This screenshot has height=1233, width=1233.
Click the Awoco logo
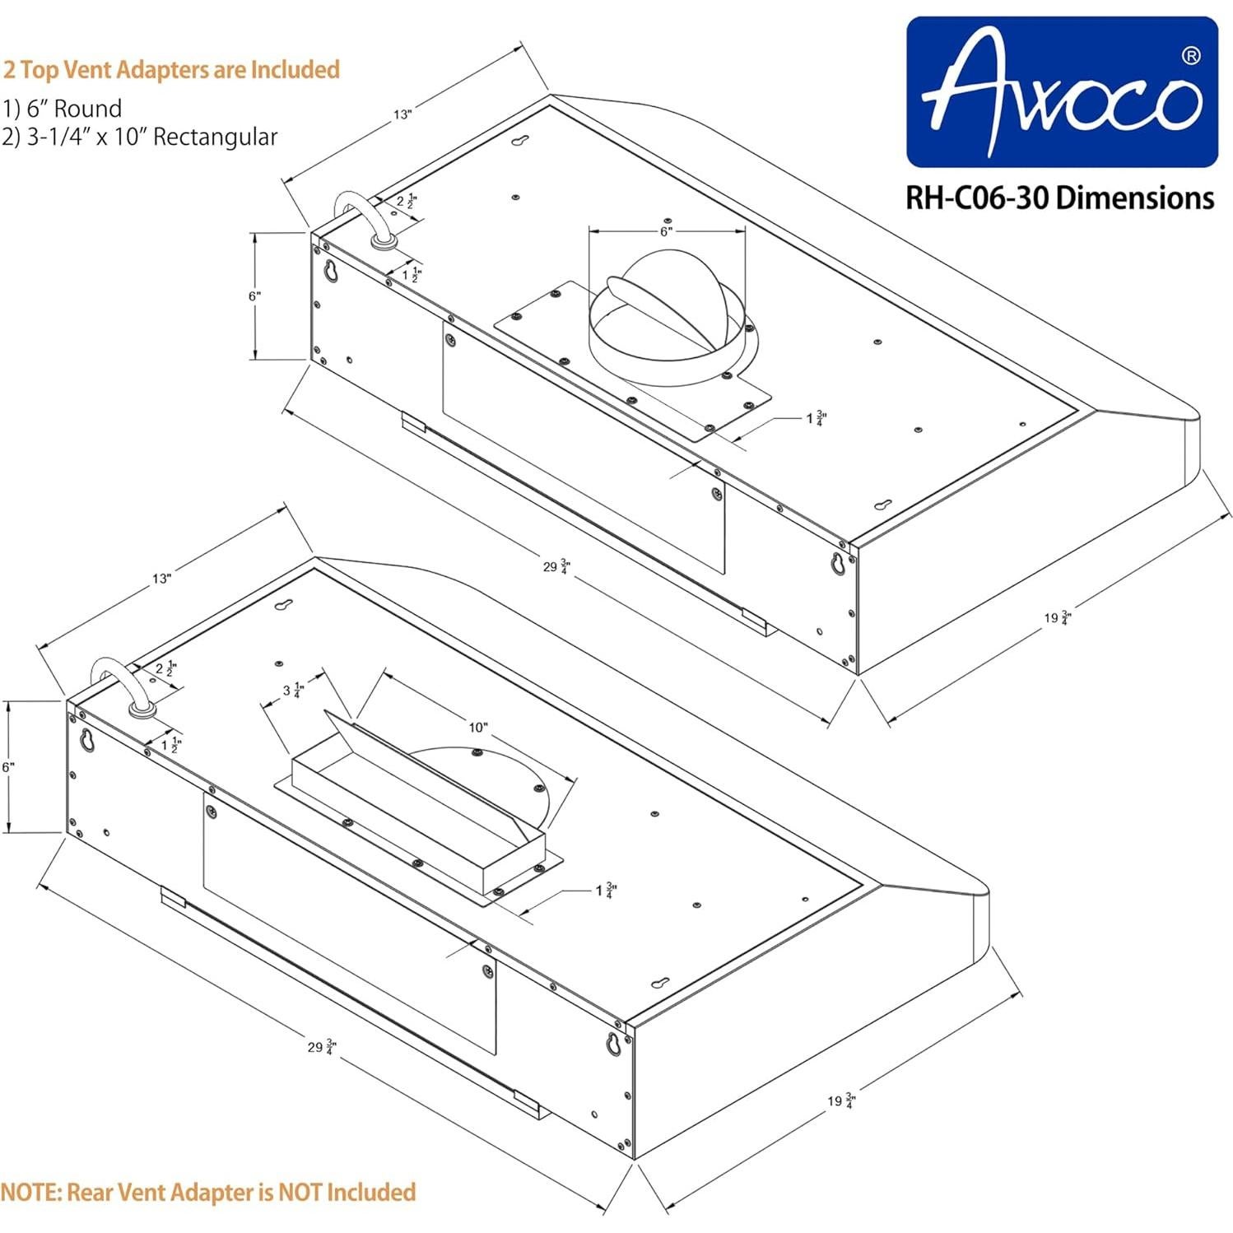(1061, 92)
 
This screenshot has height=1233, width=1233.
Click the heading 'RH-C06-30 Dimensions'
(1059, 198)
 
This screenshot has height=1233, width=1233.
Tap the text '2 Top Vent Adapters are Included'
(171, 69)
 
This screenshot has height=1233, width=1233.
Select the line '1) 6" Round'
(63, 109)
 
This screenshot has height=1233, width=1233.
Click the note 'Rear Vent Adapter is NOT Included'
(207, 1192)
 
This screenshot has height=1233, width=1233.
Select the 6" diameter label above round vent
(666, 231)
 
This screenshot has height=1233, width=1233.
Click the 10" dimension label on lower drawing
(477, 727)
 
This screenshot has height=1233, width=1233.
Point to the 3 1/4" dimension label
(293, 690)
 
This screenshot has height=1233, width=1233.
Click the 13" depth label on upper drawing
(402, 114)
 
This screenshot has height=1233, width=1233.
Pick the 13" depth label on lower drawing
(161, 579)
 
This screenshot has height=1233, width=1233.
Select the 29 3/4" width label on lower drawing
(321, 1047)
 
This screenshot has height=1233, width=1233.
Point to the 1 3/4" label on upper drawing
(816, 418)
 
